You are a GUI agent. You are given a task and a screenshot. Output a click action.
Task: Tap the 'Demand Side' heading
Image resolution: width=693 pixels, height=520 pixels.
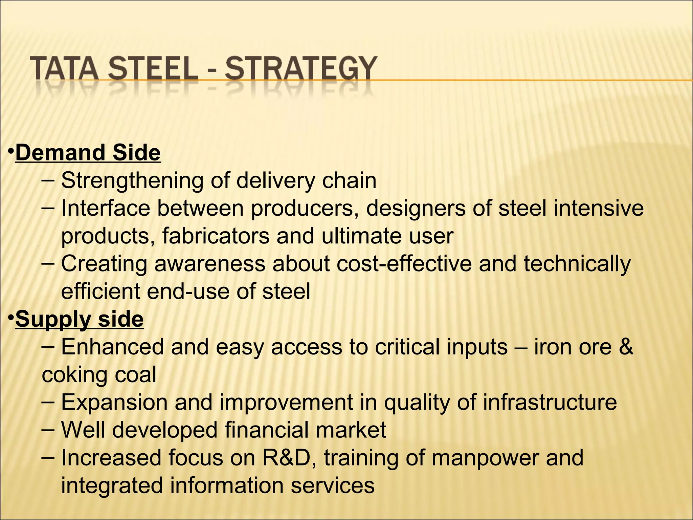(88, 153)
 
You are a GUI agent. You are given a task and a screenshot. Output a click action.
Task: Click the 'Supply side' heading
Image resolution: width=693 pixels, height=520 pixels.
(80, 319)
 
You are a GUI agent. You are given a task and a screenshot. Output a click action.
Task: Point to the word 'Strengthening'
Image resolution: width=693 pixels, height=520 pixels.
(132, 181)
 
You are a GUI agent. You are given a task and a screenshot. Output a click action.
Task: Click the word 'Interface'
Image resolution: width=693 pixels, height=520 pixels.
(105, 208)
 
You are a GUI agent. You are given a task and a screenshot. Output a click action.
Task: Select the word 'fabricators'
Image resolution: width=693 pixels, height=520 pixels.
(216, 236)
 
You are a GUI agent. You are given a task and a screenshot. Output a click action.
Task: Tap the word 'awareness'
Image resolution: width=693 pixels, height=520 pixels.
(210, 264)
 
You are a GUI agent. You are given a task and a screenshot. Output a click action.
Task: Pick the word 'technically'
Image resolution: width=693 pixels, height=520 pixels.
(577, 264)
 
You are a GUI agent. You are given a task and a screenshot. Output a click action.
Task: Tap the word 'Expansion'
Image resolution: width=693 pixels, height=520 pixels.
(114, 403)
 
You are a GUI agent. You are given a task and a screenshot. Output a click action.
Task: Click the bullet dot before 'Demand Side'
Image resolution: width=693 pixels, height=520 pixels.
(11, 150)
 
